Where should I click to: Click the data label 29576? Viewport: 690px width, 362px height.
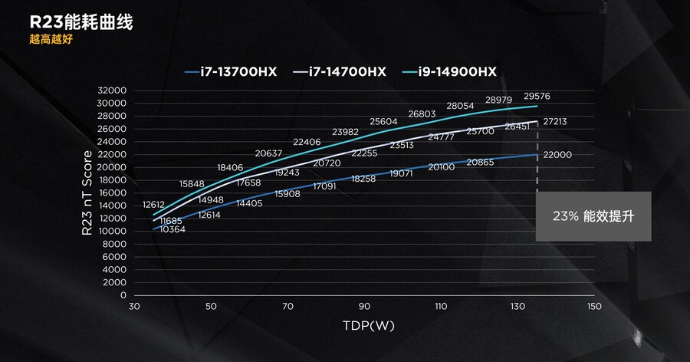[537, 97]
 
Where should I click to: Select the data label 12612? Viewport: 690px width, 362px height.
[153, 204]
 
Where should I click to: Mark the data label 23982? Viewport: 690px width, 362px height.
[346, 132]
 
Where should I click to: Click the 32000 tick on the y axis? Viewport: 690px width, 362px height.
[112, 90]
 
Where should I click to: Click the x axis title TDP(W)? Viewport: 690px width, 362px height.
[369, 326]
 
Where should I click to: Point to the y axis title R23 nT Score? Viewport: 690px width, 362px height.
[88, 193]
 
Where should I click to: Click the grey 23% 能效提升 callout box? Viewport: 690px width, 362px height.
[593, 216]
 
